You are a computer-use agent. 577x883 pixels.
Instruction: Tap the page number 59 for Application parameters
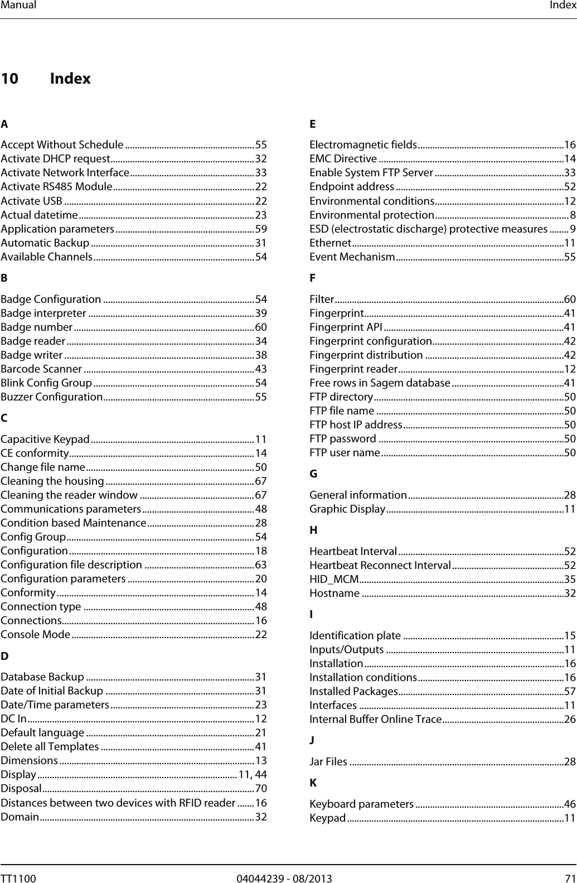pos(260,229)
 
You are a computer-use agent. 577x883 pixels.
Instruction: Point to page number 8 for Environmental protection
pos(573,215)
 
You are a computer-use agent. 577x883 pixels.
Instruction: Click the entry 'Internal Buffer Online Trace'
pos(376,720)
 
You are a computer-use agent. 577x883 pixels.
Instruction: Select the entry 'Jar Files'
pos(328,761)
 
